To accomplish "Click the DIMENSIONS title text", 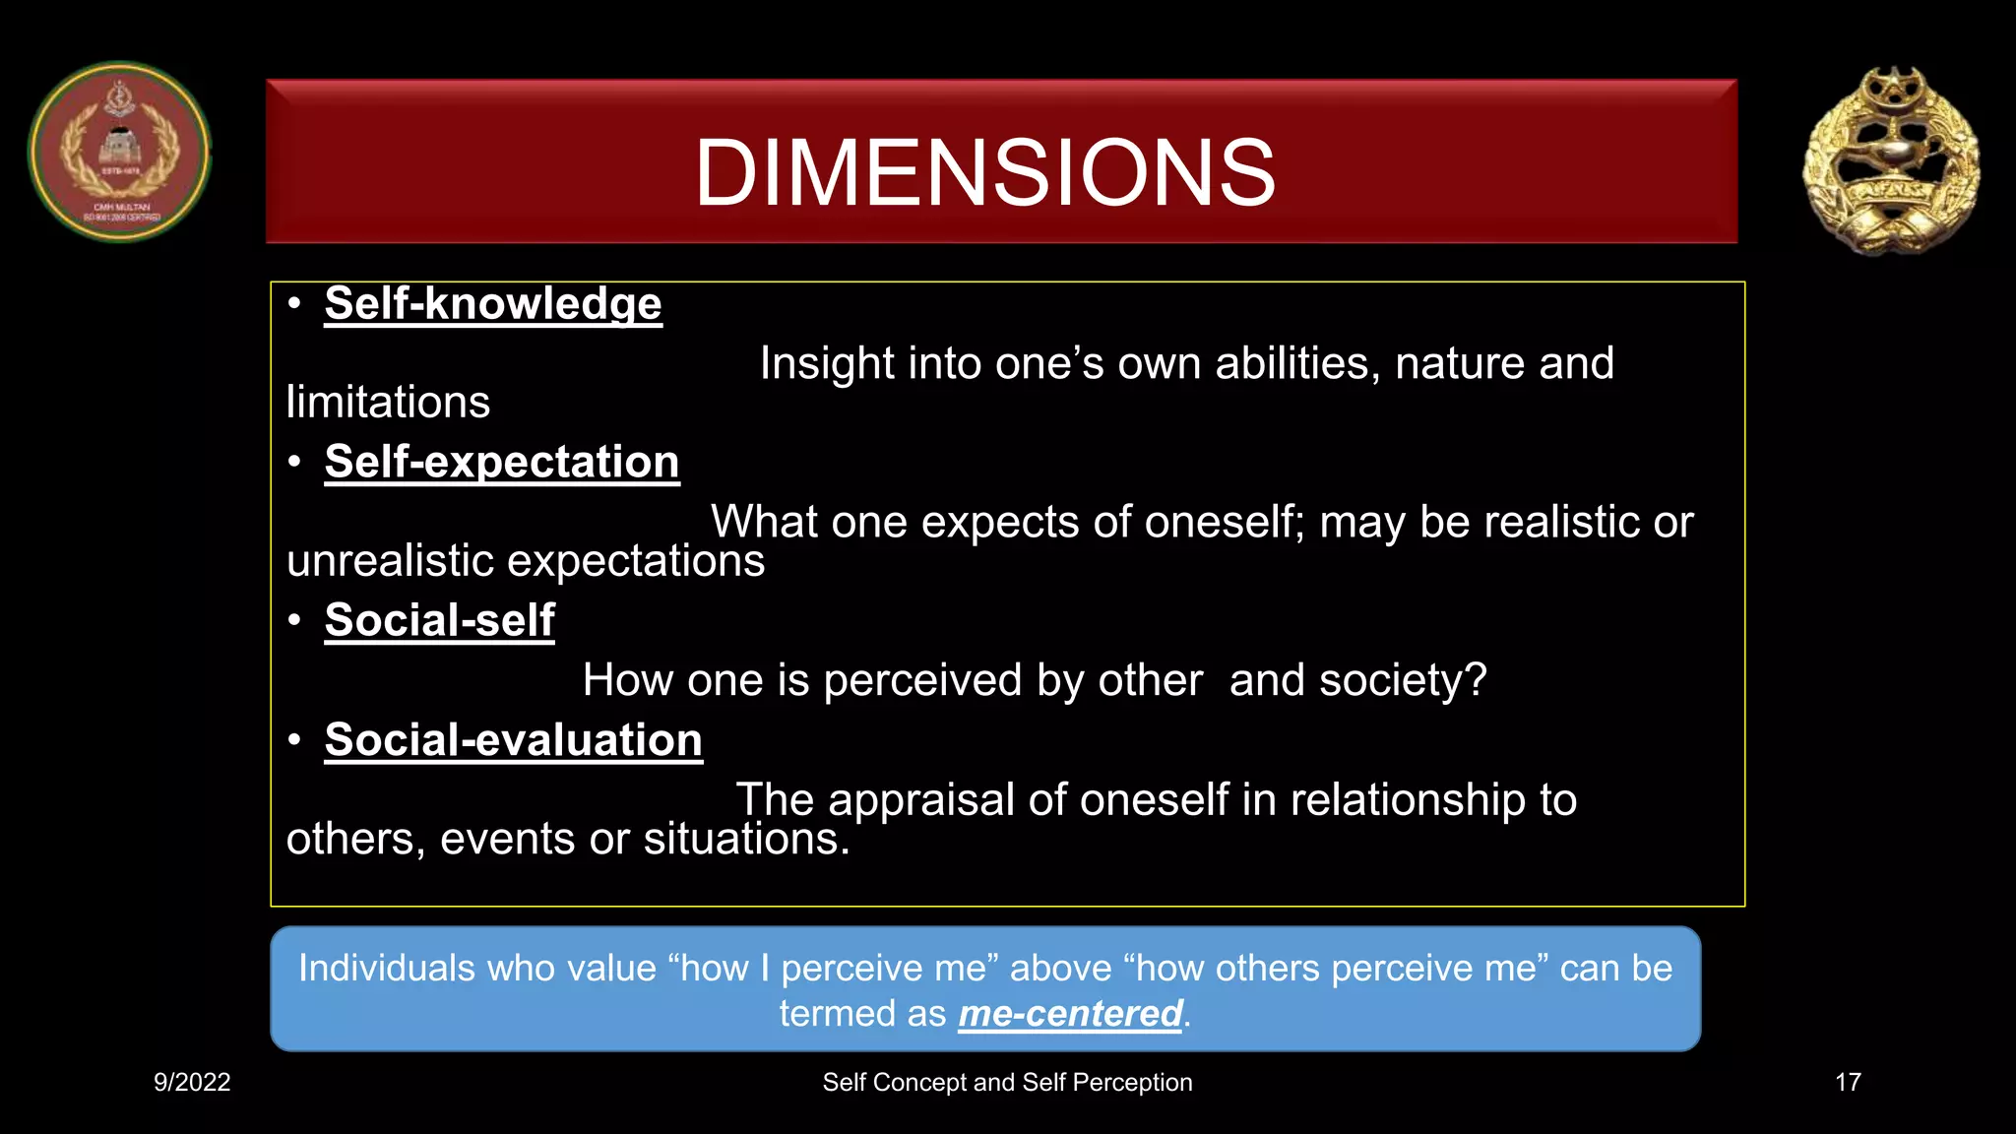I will pos(984,173).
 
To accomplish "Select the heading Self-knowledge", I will pos(493,303).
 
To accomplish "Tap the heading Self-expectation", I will pos(502,462).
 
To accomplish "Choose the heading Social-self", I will pos(439,620).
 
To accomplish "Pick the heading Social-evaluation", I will pos(513,740).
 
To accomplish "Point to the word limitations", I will pos(388,403).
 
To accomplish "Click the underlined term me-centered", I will pos(1070,1014).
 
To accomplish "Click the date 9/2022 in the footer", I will pos(192,1082).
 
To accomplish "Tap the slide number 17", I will pos(1848,1082).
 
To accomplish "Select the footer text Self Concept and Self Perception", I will pos(1007,1082).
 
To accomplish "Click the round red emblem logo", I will pos(119,153).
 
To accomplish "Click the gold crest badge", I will pos(1891,160).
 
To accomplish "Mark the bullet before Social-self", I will pos(294,620).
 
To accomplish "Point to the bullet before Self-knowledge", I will pos(294,303).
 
